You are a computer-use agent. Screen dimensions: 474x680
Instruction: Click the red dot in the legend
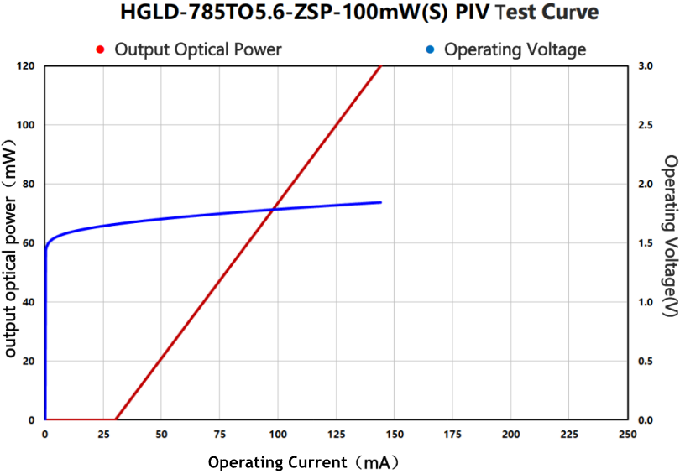(x=100, y=49)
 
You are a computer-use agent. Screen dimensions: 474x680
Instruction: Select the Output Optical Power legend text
(x=198, y=49)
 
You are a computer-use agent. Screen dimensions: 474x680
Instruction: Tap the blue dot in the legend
(x=430, y=49)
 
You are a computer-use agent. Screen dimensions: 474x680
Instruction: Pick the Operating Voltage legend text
(x=515, y=49)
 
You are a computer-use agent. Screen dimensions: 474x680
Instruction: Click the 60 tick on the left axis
(x=29, y=242)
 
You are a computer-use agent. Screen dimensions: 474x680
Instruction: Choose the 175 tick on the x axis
(x=452, y=434)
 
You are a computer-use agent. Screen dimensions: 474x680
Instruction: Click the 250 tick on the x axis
(x=627, y=434)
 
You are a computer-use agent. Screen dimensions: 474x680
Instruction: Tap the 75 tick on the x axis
(x=219, y=434)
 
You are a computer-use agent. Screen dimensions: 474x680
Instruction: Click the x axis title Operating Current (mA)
(x=303, y=462)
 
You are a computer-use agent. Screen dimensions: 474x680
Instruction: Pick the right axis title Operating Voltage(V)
(x=670, y=236)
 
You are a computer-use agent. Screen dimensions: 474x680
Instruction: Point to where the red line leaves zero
(x=115, y=419)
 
